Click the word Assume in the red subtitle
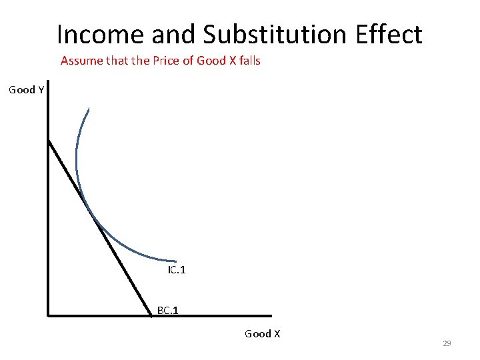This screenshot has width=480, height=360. point(80,61)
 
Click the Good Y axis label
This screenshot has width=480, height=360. point(27,89)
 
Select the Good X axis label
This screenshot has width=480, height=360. point(262,333)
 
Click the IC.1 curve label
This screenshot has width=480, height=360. point(177,270)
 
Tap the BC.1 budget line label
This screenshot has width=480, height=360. point(167,310)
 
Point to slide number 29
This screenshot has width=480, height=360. point(447,343)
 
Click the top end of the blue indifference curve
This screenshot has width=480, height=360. point(88,109)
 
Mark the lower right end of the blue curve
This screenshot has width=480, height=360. point(176,261)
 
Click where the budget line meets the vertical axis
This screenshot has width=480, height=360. point(49,140)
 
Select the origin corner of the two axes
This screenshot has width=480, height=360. point(49,315)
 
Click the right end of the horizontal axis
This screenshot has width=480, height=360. point(271,315)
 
